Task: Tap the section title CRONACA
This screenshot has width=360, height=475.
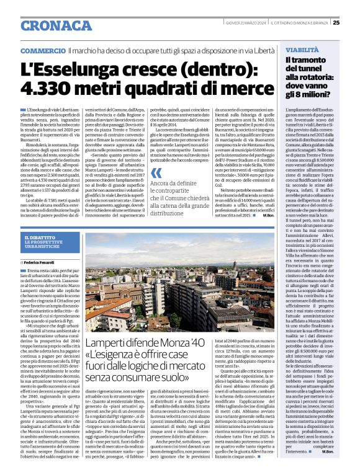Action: click(x=52, y=25)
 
